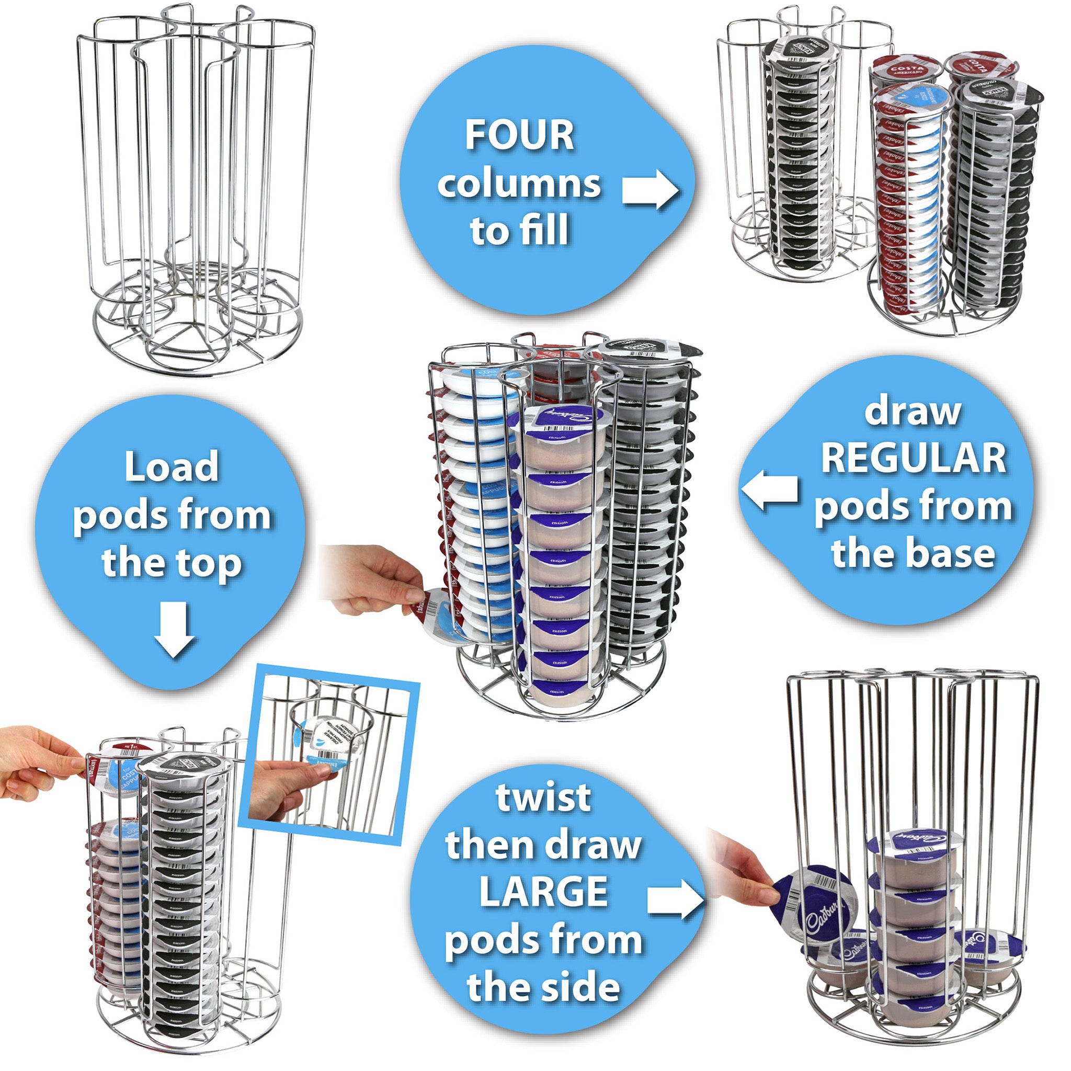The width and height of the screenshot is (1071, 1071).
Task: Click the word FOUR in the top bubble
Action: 519,135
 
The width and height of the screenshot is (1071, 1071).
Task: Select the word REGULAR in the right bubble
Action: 913,459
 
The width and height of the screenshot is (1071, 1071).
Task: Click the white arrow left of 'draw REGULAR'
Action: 770,490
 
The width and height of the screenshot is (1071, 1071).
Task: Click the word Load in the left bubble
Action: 172,467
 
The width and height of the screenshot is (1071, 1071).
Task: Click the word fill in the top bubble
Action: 546,230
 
